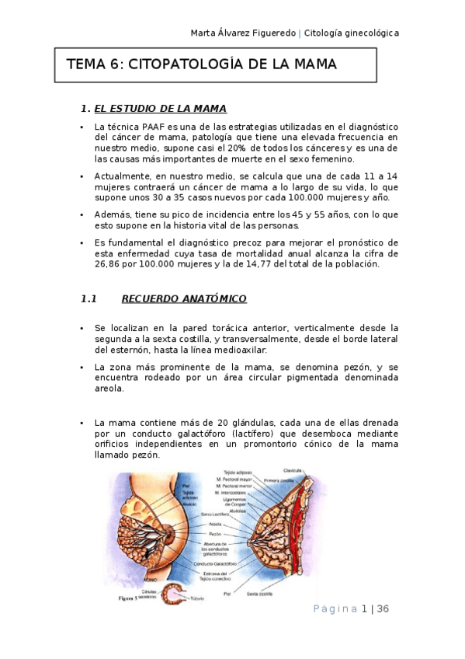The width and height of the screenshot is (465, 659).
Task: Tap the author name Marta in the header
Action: (206, 33)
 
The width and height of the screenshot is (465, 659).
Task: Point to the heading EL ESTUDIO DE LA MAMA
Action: (160, 108)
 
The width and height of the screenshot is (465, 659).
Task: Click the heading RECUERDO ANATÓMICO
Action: (184, 298)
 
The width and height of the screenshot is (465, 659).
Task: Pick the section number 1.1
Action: (88, 298)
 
